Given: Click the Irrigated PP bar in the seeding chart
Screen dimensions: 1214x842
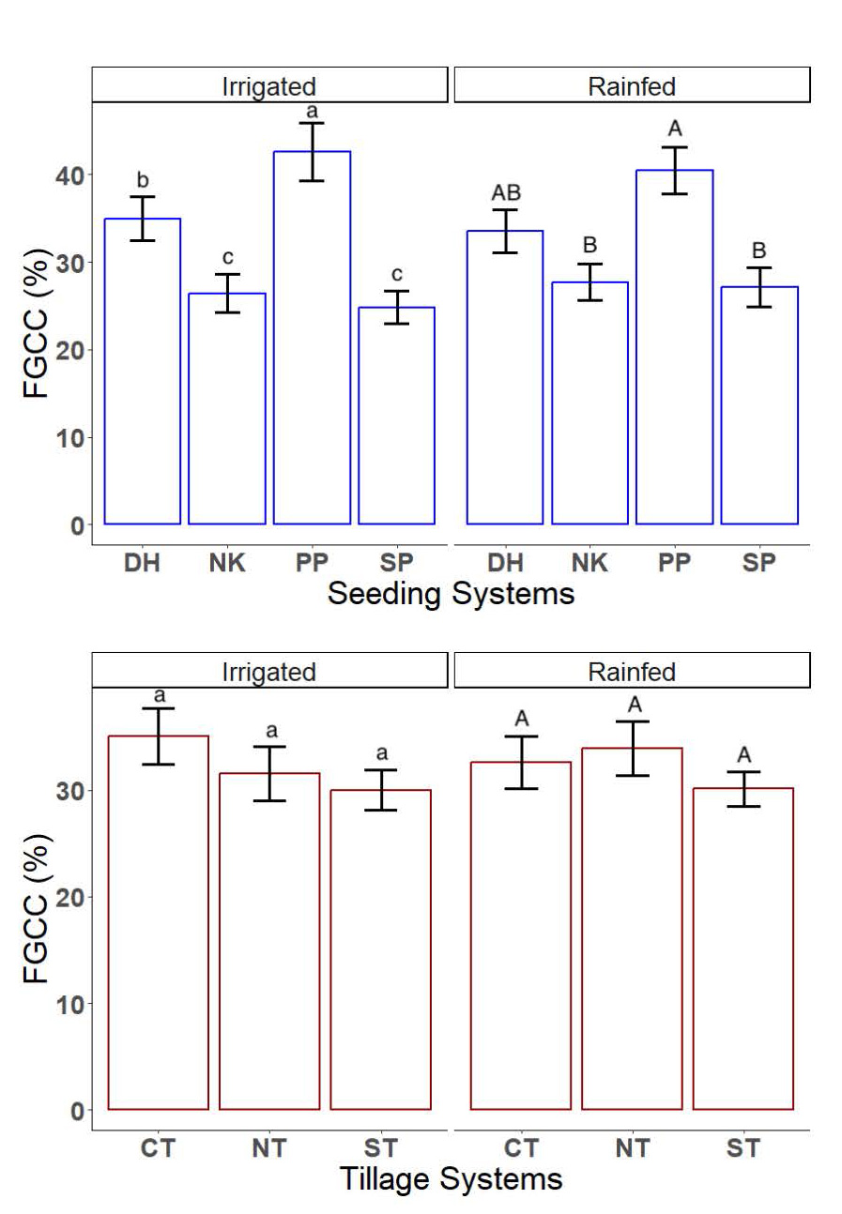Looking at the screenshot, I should point(312,338).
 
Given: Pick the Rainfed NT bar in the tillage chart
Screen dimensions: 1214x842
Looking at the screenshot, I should point(632,929).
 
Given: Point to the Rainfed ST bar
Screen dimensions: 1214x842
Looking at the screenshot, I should point(742,948).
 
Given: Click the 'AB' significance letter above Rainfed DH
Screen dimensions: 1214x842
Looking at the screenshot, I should point(505,193).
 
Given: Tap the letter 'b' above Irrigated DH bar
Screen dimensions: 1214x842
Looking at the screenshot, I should point(143,180).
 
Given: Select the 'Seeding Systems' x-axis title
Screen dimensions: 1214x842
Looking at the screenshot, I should point(451,594).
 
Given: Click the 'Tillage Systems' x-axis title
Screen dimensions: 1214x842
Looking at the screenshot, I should point(451,1178).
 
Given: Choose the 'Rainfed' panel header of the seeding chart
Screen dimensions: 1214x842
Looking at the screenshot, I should point(632,87).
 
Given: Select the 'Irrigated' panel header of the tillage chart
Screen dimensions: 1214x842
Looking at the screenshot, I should point(268,672).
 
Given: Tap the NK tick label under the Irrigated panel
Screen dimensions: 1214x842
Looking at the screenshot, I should point(227,563).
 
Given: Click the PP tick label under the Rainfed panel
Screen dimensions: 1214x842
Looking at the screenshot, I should point(674,563).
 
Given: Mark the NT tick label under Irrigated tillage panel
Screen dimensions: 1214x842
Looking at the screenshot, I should point(269,1147).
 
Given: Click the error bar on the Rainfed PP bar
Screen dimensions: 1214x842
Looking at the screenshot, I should point(674,170).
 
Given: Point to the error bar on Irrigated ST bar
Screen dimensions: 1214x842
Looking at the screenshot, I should point(380,789).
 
